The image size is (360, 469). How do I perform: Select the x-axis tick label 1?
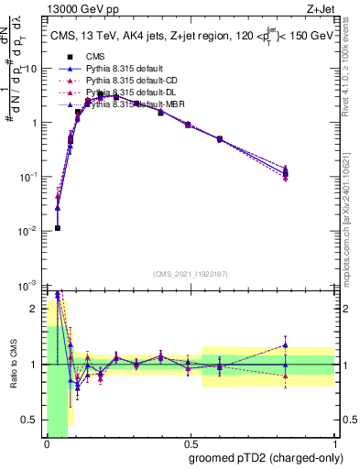[333, 444]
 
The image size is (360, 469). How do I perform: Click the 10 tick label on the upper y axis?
[31, 69]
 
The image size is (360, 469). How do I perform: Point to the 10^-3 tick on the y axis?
[30, 285]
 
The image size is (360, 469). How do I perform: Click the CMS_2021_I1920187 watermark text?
[190, 274]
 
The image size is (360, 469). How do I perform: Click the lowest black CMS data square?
[57, 228]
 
